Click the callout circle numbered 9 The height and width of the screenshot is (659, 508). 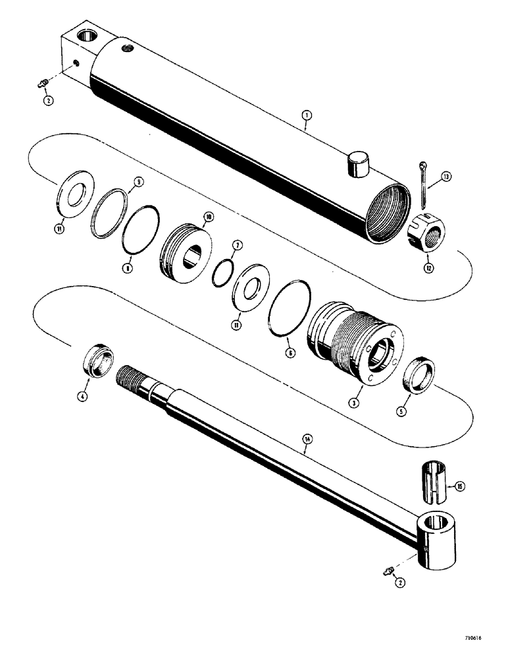(x=138, y=181)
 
